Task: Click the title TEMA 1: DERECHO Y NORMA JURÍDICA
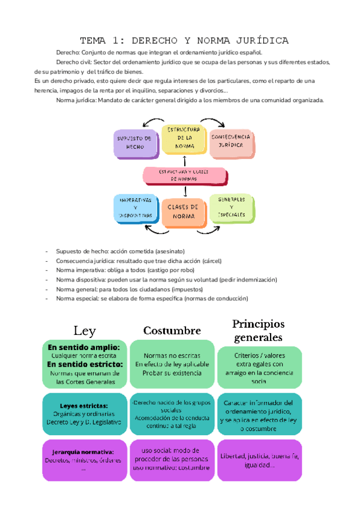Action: point(184,41)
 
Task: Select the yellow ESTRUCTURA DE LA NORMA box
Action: point(184,138)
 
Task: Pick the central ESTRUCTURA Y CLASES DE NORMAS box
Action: point(185,175)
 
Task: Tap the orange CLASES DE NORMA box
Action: point(183,211)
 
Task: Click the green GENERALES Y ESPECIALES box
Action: point(232,207)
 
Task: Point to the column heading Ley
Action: point(85,330)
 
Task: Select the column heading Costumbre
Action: point(172,331)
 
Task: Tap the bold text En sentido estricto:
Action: point(85,364)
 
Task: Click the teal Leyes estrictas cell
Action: point(84,414)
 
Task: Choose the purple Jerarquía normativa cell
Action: point(84,460)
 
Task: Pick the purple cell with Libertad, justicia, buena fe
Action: point(259,460)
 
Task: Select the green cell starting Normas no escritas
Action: point(172,364)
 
